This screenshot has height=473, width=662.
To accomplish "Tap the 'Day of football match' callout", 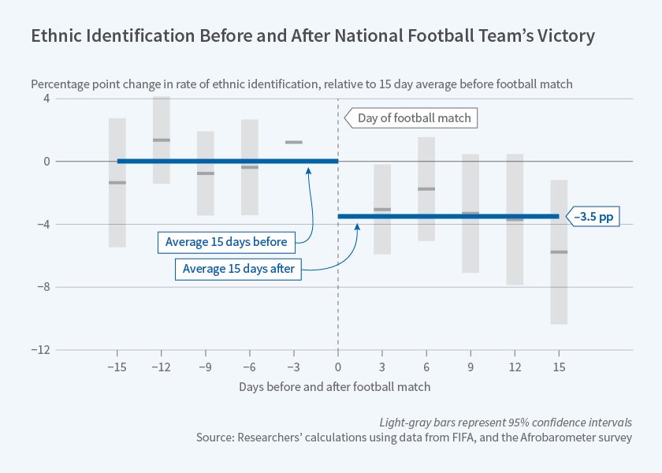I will pyautogui.click(x=414, y=118).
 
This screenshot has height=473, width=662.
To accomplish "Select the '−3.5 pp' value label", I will pyautogui.click(x=597, y=216).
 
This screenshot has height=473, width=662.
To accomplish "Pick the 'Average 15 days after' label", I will pyautogui.click(x=238, y=269).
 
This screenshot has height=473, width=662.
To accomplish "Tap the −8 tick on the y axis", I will pyautogui.click(x=18, y=287).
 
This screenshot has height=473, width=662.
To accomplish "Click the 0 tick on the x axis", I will pyautogui.click(x=338, y=368).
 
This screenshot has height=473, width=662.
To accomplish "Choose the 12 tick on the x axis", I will pyautogui.click(x=514, y=368).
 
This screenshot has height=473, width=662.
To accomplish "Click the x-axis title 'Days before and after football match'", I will pyautogui.click(x=335, y=388).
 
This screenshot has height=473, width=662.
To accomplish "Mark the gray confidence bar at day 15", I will pyautogui.click(x=559, y=251).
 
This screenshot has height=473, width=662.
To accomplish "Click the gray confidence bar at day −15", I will pyautogui.click(x=117, y=182).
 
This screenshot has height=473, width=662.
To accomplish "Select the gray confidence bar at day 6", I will pyautogui.click(x=426, y=188).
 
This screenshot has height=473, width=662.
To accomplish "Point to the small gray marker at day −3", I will pyautogui.click(x=294, y=143).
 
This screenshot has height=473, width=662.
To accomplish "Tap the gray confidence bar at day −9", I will pyautogui.click(x=206, y=173).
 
